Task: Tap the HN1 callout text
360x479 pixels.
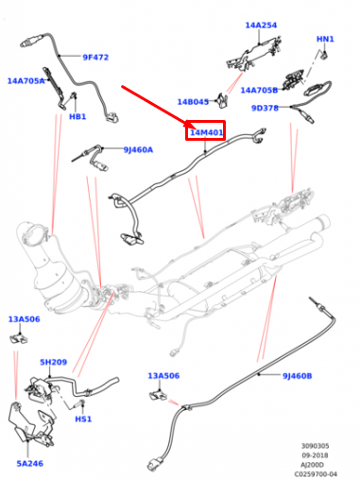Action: pyautogui.click(x=325, y=40)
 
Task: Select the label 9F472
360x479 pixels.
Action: pyautogui.click(x=94, y=58)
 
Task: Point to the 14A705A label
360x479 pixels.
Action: pyautogui.click(x=26, y=81)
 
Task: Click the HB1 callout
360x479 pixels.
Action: pyautogui.click(x=77, y=117)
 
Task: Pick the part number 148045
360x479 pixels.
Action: pyautogui.click(x=193, y=102)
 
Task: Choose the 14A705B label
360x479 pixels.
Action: pyautogui.click(x=258, y=91)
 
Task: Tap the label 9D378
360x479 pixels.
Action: pyautogui.click(x=265, y=108)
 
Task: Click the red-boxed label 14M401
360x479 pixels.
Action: pyautogui.click(x=206, y=133)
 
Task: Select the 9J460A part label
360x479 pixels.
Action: pyautogui.click(x=137, y=149)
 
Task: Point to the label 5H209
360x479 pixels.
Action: pyautogui.click(x=53, y=362)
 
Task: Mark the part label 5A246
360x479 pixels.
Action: pyautogui.click(x=29, y=463)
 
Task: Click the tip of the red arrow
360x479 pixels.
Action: pyautogui.click(x=192, y=123)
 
